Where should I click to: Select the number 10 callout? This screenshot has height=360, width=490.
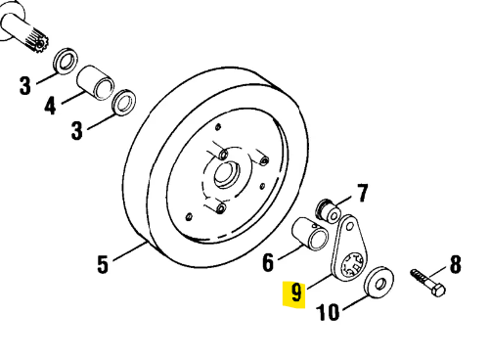328,313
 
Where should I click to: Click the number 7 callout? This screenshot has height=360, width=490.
361,192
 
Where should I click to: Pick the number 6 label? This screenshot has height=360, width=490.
268,261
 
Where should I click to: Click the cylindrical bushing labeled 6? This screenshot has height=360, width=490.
312,238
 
